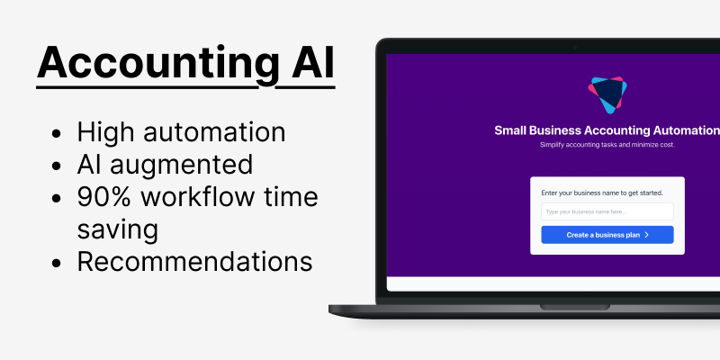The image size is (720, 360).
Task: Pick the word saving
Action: pos(117,229)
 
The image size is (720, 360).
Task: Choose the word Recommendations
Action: pos(194,261)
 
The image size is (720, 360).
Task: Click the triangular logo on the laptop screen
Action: pos(607,94)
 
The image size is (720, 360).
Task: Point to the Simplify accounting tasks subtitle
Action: pos(607,145)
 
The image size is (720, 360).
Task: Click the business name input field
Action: pos(607,211)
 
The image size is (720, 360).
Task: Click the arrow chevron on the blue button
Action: pos(646,235)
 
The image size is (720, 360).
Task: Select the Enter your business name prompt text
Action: pos(595,193)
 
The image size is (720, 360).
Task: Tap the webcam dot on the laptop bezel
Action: pos(575,47)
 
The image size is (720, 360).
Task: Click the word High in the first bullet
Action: pos(102,132)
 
